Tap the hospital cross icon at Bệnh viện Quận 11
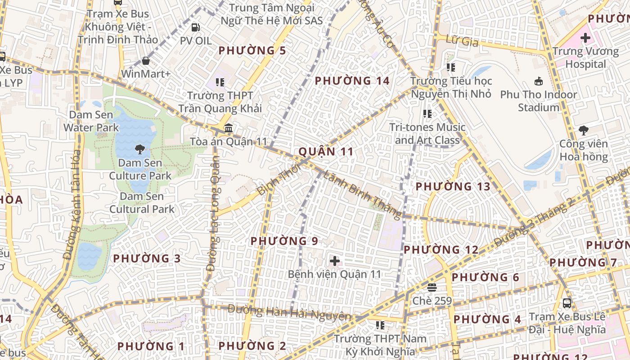335,261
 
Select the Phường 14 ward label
352,81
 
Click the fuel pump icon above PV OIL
195,27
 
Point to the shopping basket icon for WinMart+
146,60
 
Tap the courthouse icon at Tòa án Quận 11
229,128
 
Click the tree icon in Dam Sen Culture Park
140,149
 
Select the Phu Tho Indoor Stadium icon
538,81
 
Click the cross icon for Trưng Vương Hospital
585,38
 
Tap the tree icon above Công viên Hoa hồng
584,130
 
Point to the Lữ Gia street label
461,41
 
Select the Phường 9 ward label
284,241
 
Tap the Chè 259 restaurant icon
432,287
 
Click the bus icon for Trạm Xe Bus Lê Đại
567,303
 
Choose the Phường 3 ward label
147,259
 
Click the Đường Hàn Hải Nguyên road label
289,312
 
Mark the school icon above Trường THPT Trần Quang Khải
220,82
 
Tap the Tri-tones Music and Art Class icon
427,114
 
